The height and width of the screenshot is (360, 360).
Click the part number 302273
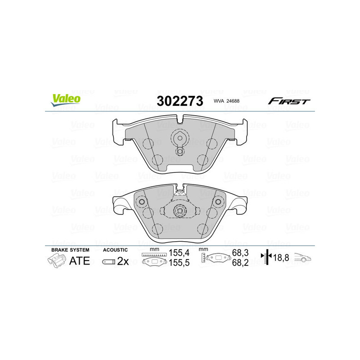point(180,101)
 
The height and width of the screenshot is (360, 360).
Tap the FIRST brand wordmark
point(289,101)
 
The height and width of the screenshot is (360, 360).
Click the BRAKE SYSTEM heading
point(70,250)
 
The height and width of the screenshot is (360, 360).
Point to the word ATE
point(79,261)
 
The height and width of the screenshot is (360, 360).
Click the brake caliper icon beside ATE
point(55,261)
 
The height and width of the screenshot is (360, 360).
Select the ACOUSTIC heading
point(115,250)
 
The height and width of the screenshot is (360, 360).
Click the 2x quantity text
point(123,261)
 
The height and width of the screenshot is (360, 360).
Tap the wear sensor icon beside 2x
point(108,261)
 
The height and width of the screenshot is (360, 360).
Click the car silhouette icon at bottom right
point(303,258)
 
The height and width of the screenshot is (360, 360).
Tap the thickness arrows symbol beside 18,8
point(267,258)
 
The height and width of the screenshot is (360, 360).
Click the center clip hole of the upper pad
point(180,139)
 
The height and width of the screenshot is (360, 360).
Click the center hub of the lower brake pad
point(180,210)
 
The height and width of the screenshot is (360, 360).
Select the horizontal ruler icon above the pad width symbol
point(154,255)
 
